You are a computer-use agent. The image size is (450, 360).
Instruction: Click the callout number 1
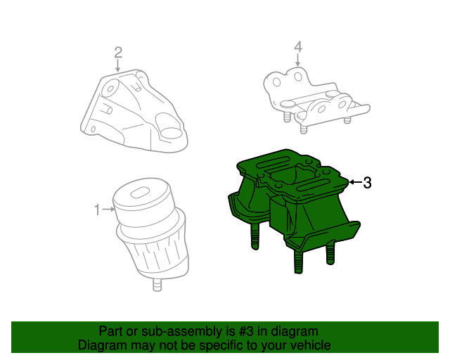coord(98,209)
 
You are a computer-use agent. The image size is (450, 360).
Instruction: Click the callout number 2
coord(118,51)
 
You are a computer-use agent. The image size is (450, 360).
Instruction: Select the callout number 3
coord(366,183)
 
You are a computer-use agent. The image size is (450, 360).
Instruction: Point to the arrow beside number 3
coord(354,183)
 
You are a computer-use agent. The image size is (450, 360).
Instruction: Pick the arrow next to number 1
coord(109,209)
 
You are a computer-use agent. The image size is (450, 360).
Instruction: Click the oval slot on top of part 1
coord(141,192)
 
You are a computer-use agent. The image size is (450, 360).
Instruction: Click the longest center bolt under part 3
coord(298,262)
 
